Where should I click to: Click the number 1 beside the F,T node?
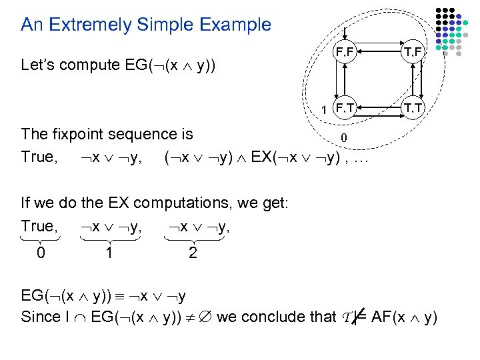(323, 109)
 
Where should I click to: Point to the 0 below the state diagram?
(343, 138)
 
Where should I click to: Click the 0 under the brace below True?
(41, 253)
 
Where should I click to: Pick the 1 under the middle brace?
(109, 253)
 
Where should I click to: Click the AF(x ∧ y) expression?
(404, 317)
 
